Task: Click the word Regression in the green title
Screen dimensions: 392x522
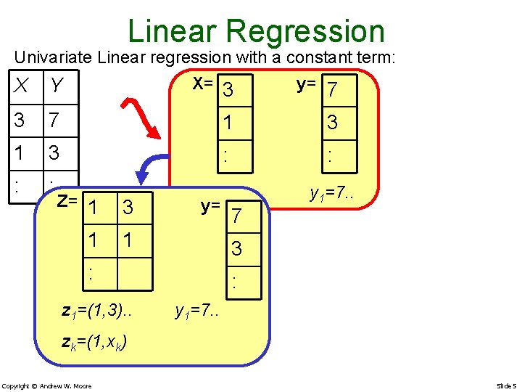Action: (304, 31)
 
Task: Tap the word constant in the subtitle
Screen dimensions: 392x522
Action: (314, 57)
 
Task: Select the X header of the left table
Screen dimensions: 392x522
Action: (24, 86)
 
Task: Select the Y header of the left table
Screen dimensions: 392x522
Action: (57, 86)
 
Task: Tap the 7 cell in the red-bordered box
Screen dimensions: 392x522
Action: (332, 91)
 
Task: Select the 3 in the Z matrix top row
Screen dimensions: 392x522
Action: (128, 208)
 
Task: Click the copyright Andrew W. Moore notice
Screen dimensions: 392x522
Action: (46, 385)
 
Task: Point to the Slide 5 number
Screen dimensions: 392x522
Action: (505, 385)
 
